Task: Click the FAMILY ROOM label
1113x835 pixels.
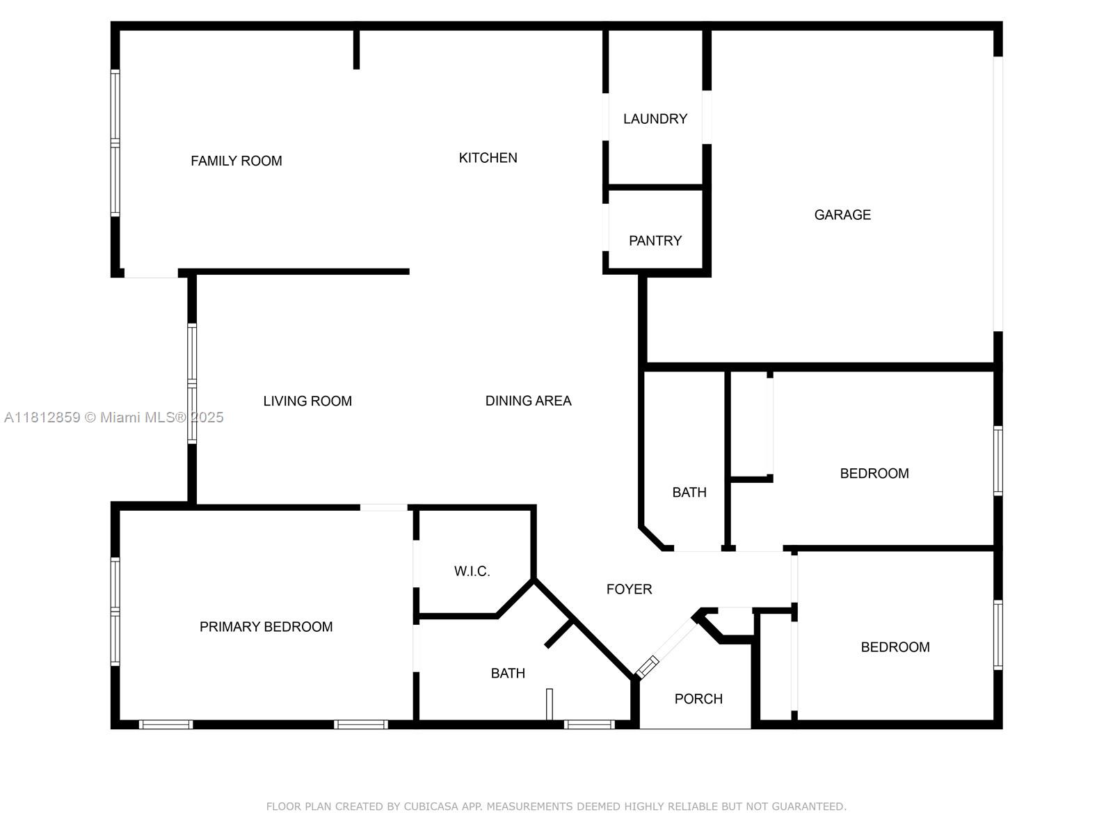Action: (237, 161)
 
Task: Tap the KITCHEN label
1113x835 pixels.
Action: (488, 158)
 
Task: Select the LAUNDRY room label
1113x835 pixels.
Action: (655, 119)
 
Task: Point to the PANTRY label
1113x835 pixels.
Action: (655, 241)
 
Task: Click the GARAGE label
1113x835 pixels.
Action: (842, 215)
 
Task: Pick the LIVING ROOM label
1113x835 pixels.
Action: (307, 401)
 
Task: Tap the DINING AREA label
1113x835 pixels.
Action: (528, 401)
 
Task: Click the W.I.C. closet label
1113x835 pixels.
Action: (472, 571)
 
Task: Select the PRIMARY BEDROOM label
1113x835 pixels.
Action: (266, 627)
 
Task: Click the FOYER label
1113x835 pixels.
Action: (629, 589)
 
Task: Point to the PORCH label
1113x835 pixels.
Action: (698, 699)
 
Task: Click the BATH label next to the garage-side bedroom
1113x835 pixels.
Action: (689, 493)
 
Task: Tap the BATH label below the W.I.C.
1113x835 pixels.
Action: (508, 674)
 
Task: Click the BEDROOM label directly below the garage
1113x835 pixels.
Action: (874, 474)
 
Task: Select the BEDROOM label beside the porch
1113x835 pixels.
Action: (895, 647)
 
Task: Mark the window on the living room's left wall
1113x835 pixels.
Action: (192, 383)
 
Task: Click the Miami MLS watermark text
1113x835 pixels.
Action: (114, 417)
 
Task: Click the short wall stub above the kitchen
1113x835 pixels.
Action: (356, 49)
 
